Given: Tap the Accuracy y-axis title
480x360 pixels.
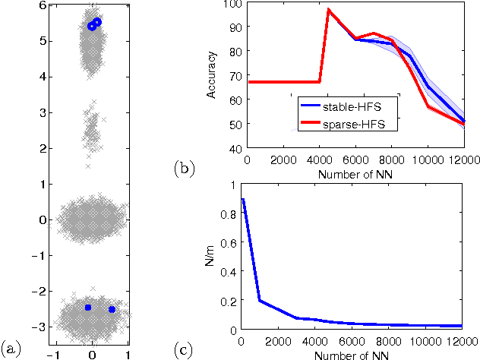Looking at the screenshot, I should [213, 77].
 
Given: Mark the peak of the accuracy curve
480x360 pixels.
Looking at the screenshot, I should [328, 10].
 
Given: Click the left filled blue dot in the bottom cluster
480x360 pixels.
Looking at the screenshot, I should [88, 308].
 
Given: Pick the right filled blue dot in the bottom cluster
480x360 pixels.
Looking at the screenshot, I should [112, 309].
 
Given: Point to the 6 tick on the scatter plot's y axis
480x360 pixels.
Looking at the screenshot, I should [43, 5].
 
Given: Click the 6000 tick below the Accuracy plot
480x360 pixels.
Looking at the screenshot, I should [355, 160].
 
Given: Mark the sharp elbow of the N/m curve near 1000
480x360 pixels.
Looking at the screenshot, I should [261, 301].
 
